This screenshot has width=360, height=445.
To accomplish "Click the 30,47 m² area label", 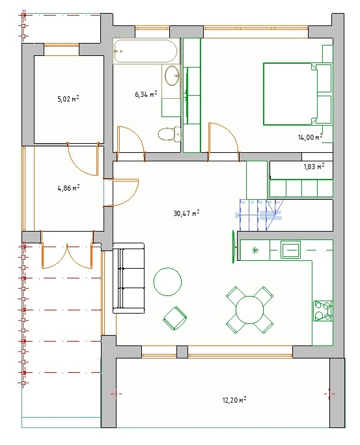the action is [x=186, y=213].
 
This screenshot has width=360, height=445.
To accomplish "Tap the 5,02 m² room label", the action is [x=68, y=99].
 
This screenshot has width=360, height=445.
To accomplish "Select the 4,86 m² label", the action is [x=68, y=188].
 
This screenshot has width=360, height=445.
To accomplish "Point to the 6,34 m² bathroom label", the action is [x=146, y=94].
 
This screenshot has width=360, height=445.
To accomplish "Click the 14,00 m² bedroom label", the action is [x=310, y=137].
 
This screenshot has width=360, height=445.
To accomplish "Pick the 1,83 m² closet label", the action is [x=314, y=167].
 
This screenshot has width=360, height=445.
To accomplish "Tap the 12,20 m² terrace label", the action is [x=234, y=400].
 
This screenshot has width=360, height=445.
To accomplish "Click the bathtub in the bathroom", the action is [x=146, y=51].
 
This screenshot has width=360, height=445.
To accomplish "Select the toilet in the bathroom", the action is [x=169, y=134].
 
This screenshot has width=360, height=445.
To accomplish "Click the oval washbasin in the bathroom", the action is [x=173, y=75].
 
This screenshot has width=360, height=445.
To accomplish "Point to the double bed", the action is [x=297, y=94].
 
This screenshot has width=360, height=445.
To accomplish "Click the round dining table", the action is [x=250, y=310].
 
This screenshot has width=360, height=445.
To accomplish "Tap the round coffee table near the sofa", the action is [x=167, y=282].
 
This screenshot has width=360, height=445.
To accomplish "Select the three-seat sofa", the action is [x=129, y=278].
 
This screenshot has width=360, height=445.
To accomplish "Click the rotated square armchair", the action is [x=175, y=318].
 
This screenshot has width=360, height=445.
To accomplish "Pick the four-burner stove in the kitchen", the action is [x=323, y=311].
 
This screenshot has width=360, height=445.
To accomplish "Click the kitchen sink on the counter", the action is [x=291, y=249].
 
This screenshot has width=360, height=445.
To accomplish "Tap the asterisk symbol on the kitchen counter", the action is [x=255, y=250].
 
